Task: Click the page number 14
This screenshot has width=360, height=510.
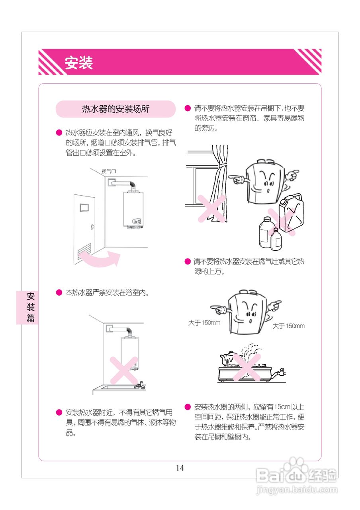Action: pyautogui.click(x=180, y=468)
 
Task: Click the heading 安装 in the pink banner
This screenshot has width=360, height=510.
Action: pyautogui.click(x=79, y=63)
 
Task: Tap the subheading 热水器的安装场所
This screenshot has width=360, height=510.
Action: pyautogui.click(x=115, y=109)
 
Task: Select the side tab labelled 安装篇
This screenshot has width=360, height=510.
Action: pyautogui.click(x=30, y=307)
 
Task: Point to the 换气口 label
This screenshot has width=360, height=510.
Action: pyautogui.click(x=108, y=172)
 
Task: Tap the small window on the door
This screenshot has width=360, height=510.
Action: pyautogui.click(x=85, y=208)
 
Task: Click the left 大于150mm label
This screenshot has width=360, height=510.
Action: pyautogui.click(x=204, y=323)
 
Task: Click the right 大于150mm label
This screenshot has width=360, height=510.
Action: pyautogui.click(x=288, y=326)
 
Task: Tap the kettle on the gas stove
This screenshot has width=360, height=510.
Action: pyautogui.click(x=228, y=357)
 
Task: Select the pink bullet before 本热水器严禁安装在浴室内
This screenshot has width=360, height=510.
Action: pyautogui.click(x=59, y=293)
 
